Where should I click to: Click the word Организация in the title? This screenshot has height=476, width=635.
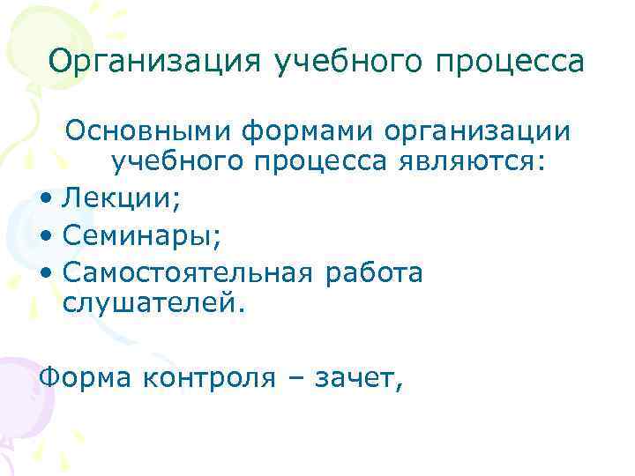pos(155,63)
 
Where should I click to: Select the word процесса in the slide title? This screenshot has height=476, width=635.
pos(513,63)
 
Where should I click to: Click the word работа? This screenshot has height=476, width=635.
pos(374,272)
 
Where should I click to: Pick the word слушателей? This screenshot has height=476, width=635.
pos(150,304)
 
